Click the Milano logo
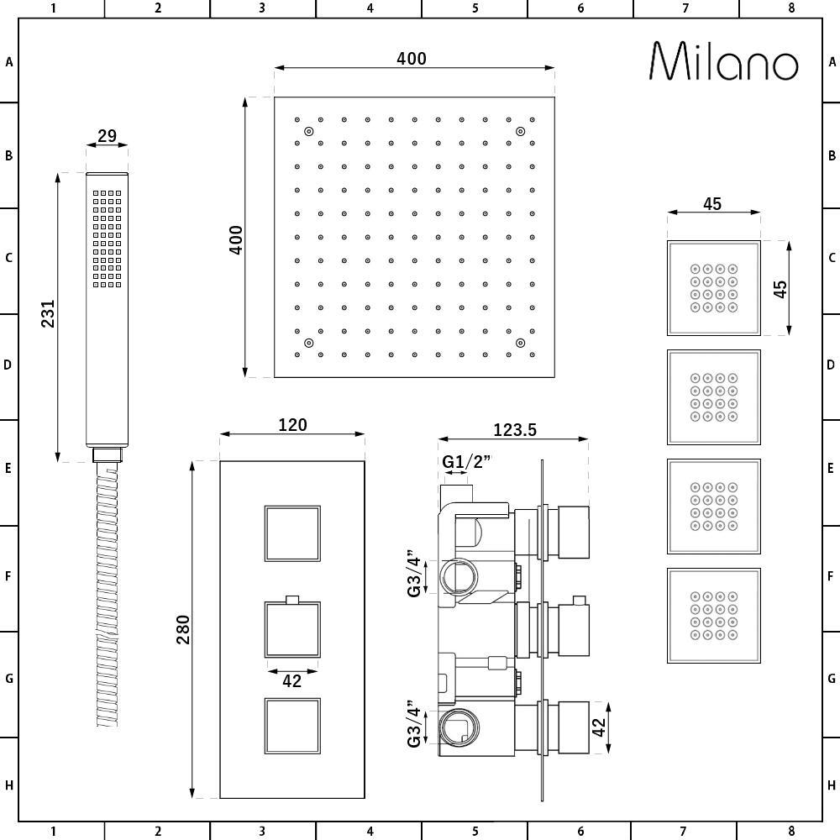point(724,61)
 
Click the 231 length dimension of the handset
point(48,313)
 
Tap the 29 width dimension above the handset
point(108,135)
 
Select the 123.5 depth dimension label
point(515,429)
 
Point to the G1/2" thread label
point(466,461)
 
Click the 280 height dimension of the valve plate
point(182,629)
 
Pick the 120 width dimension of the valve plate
point(292,425)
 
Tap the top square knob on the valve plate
point(292,533)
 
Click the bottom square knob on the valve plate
point(292,726)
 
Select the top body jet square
point(713,288)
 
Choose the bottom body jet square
point(713,616)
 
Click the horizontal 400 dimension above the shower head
point(412,59)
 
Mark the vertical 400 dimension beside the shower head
point(236,239)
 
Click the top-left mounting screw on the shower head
point(308,131)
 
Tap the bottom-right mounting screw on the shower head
point(520,343)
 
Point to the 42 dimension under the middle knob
point(292,681)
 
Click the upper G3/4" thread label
point(415,573)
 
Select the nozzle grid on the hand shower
point(108,239)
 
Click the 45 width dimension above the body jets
point(712,204)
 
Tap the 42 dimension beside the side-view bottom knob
point(598,727)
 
